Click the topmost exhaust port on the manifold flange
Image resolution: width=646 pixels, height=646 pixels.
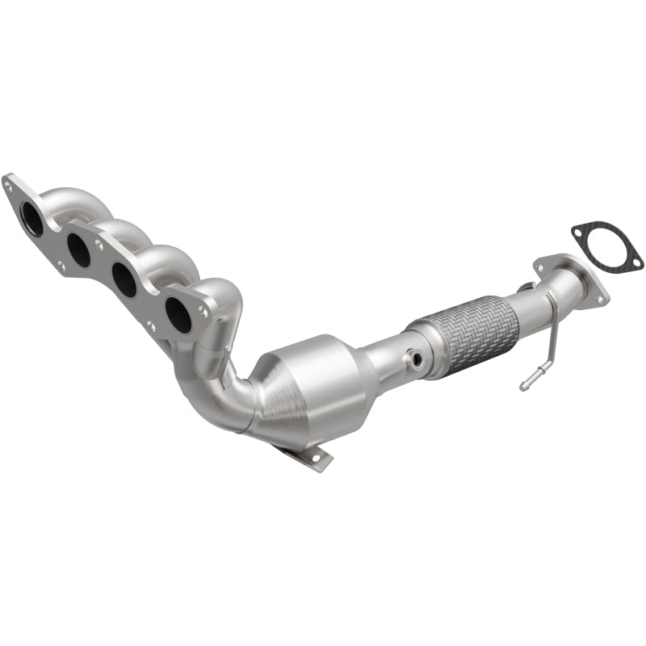(32, 219)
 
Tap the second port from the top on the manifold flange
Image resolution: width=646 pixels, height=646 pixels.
(79, 250)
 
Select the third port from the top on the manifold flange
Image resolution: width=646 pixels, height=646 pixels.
(124, 280)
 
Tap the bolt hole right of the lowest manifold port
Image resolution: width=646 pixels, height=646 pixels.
(203, 312)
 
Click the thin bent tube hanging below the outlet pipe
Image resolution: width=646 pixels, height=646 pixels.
(544, 355)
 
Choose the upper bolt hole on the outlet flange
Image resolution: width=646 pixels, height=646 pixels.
(539, 265)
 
